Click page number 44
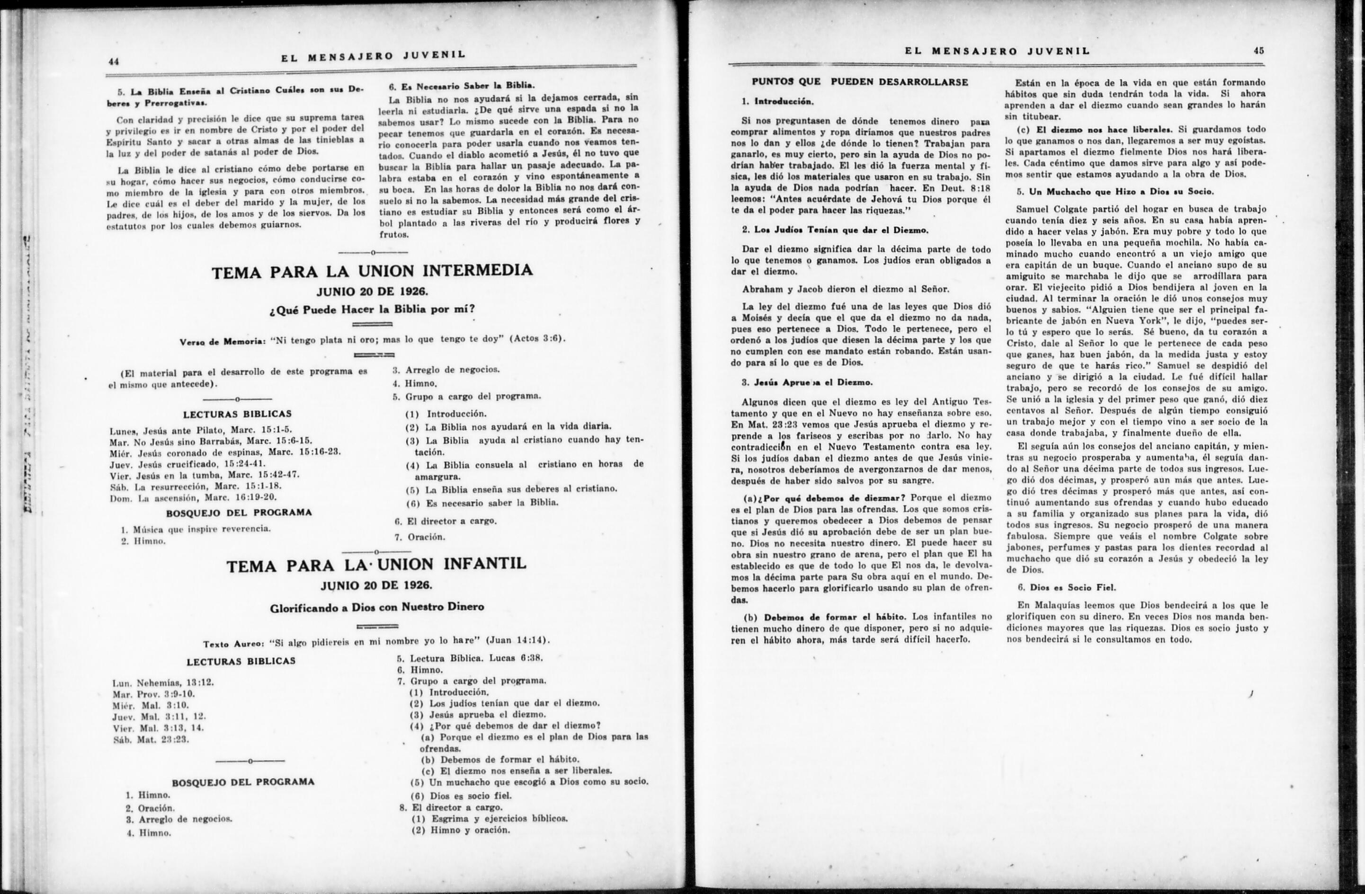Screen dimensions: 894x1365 [x=113, y=62]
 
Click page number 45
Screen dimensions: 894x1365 [x=1258, y=51]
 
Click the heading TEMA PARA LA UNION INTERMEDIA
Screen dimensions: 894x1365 [x=372, y=271]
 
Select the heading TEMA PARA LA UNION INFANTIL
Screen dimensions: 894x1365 [x=376, y=564]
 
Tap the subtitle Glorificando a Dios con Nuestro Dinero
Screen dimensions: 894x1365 [x=377, y=607]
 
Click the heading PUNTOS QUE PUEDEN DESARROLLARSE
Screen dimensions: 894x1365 [x=860, y=82]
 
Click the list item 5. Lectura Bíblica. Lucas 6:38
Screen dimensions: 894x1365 [x=469, y=658]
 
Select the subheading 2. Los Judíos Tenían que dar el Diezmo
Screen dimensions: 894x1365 [x=835, y=230]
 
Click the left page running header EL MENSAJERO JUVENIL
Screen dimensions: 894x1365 [x=373, y=56]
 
